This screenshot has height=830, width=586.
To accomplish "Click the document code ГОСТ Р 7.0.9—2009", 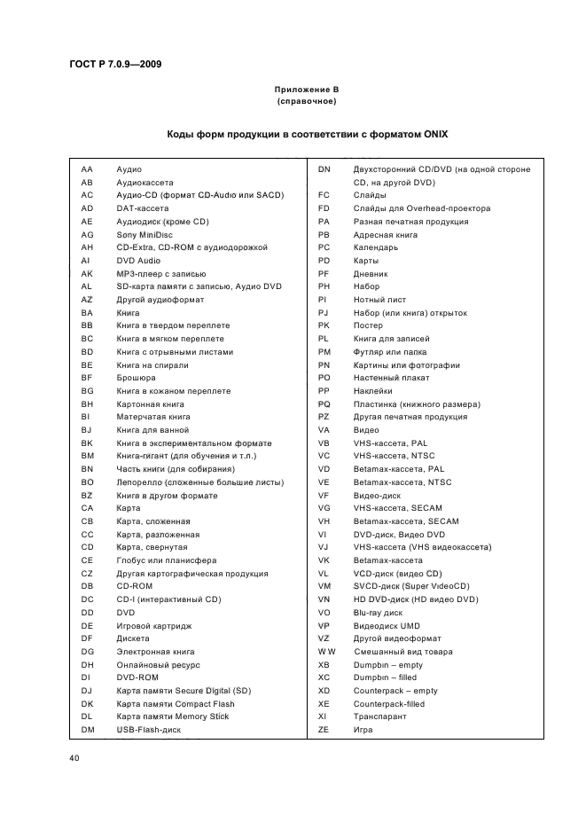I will tap(114, 64).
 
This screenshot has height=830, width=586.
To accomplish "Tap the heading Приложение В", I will tap(306, 90).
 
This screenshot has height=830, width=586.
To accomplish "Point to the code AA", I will tap(87, 168).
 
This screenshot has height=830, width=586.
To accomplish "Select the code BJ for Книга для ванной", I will tap(87, 430).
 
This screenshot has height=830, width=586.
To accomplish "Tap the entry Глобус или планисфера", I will tap(167, 560).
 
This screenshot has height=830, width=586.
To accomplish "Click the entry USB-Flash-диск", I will tap(149, 730).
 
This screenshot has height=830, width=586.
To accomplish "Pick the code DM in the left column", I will tap(88, 730).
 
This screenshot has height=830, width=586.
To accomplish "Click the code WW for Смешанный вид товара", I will tap(326, 652).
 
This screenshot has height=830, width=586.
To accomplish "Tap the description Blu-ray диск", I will tap(378, 613).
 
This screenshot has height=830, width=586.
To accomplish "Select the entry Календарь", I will tap(376, 247).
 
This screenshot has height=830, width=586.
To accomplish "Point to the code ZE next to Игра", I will tap(324, 730).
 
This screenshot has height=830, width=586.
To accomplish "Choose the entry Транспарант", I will tap(381, 716).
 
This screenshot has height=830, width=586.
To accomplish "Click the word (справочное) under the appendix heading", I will tap(306, 102).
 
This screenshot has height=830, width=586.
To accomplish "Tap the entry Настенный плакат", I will tap(392, 378).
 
